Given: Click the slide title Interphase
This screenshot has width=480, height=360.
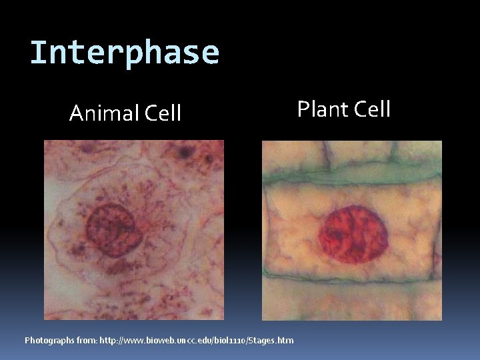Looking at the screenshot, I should [125, 53].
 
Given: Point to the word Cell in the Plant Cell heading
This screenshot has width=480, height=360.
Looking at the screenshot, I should [371, 109].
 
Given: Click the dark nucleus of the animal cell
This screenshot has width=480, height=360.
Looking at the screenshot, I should [112, 227].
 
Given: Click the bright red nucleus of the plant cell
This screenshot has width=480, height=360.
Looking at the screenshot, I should [353, 234].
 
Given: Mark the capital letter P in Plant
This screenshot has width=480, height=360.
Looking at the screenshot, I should [303, 109].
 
